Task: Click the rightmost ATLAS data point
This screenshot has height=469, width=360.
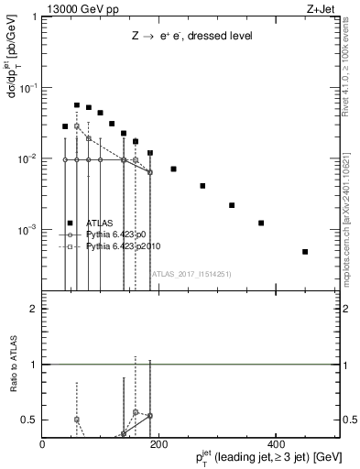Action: [305, 251]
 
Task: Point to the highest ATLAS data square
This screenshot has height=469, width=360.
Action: [77, 105]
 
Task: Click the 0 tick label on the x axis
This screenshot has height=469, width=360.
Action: [42, 445]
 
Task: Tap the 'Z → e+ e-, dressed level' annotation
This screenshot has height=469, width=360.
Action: [192, 36]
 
